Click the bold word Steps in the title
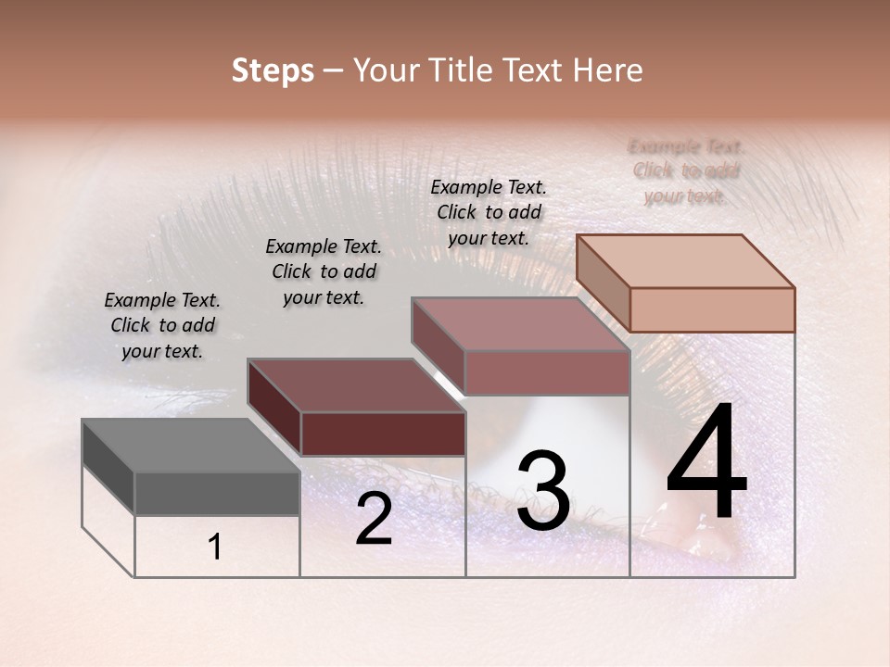[x=273, y=70]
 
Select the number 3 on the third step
[x=542, y=491]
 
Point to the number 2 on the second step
[x=374, y=519]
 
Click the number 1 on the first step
[x=215, y=547]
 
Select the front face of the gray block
[x=217, y=493]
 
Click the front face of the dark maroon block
[x=383, y=434]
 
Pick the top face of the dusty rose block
[x=520, y=324]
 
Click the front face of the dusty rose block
[x=547, y=372]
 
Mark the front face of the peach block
[x=712, y=309]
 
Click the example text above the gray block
[x=162, y=325]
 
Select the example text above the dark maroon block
[x=324, y=271]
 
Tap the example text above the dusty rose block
[x=489, y=212]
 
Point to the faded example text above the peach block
[x=686, y=170]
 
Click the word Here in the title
[x=609, y=70]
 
